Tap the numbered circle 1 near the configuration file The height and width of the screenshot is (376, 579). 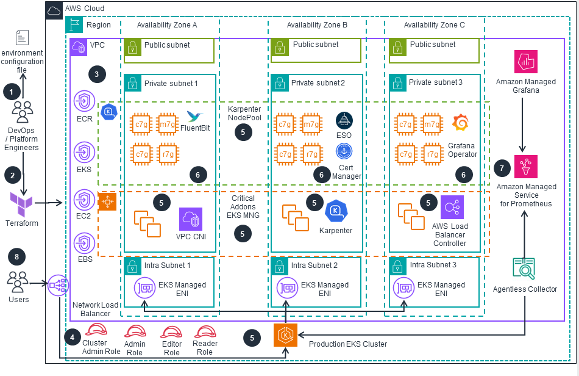click(x=12, y=91)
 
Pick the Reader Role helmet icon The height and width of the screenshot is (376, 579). click(x=205, y=331)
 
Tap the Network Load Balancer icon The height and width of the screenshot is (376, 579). click(x=59, y=284)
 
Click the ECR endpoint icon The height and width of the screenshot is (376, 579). click(x=83, y=101)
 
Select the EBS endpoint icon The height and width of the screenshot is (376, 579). click(x=83, y=244)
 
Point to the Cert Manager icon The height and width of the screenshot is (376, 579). click(x=344, y=150)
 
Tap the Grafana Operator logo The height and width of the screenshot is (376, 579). click(x=460, y=123)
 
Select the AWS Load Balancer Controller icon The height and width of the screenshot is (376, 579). click(x=452, y=207)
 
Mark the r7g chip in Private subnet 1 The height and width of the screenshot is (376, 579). click(x=168, y=153)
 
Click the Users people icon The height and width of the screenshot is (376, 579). click(x=18, y=281)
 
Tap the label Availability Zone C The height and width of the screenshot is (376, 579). click(x=434, y=24)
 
